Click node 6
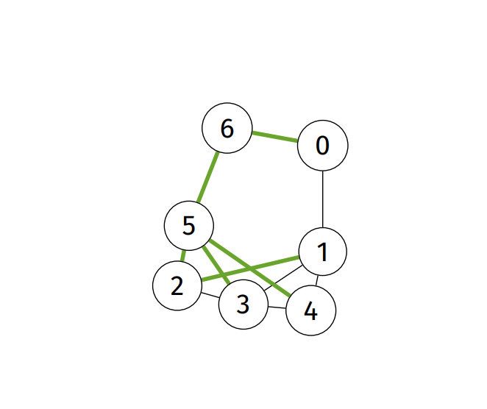227,128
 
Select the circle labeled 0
322,146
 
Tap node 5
188,225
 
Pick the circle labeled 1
322,252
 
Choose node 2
177,285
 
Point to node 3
243,304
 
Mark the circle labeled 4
310,311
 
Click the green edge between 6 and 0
275,137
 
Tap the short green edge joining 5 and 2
183,255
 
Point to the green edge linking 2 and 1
250,268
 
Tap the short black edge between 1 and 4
317,282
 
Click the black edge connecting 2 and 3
210,296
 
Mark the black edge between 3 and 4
277,307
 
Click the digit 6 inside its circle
227,128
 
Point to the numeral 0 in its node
322,146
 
